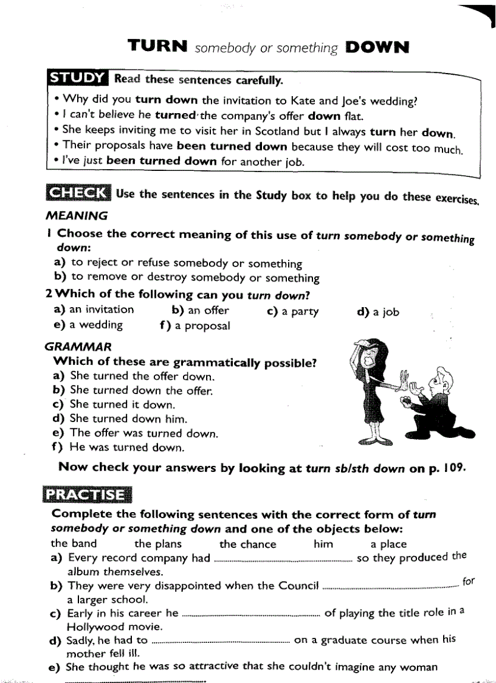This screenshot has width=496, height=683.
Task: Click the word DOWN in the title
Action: pos(376,47)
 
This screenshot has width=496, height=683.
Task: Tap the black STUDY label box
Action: pos(78,78)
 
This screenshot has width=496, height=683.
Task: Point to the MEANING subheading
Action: pos(77,215)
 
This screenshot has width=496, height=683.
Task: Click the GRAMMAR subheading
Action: pos(78,347)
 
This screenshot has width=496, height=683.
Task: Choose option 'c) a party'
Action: pos(293,311)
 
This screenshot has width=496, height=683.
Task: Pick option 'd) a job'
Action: pos(378,311)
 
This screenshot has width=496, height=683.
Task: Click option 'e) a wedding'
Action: pos(88,325)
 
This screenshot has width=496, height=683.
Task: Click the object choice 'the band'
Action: pos(74,544)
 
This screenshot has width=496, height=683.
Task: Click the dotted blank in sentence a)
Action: pos(283,559)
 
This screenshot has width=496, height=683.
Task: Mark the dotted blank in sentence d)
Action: pos(220,640)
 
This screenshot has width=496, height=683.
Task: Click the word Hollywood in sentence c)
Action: pos(95,626)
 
